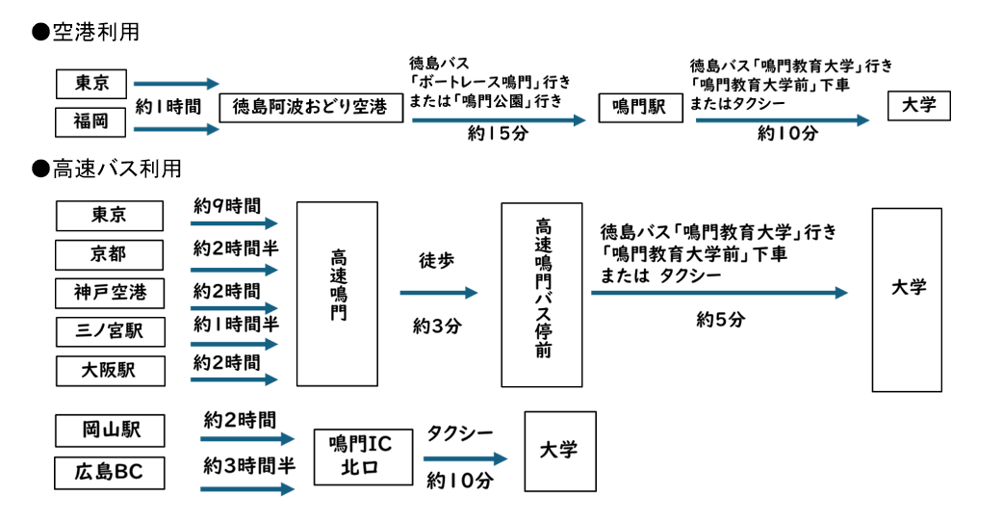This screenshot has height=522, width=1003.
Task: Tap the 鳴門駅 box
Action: pos(639,107)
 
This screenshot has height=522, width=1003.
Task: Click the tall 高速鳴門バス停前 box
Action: pos(542,294)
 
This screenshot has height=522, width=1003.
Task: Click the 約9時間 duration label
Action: pos(226,206)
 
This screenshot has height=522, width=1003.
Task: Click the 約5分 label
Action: pos(720,320)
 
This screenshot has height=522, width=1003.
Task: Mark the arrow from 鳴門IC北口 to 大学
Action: pos(464,459)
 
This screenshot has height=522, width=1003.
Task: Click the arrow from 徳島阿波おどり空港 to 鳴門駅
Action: pos(498,120)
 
